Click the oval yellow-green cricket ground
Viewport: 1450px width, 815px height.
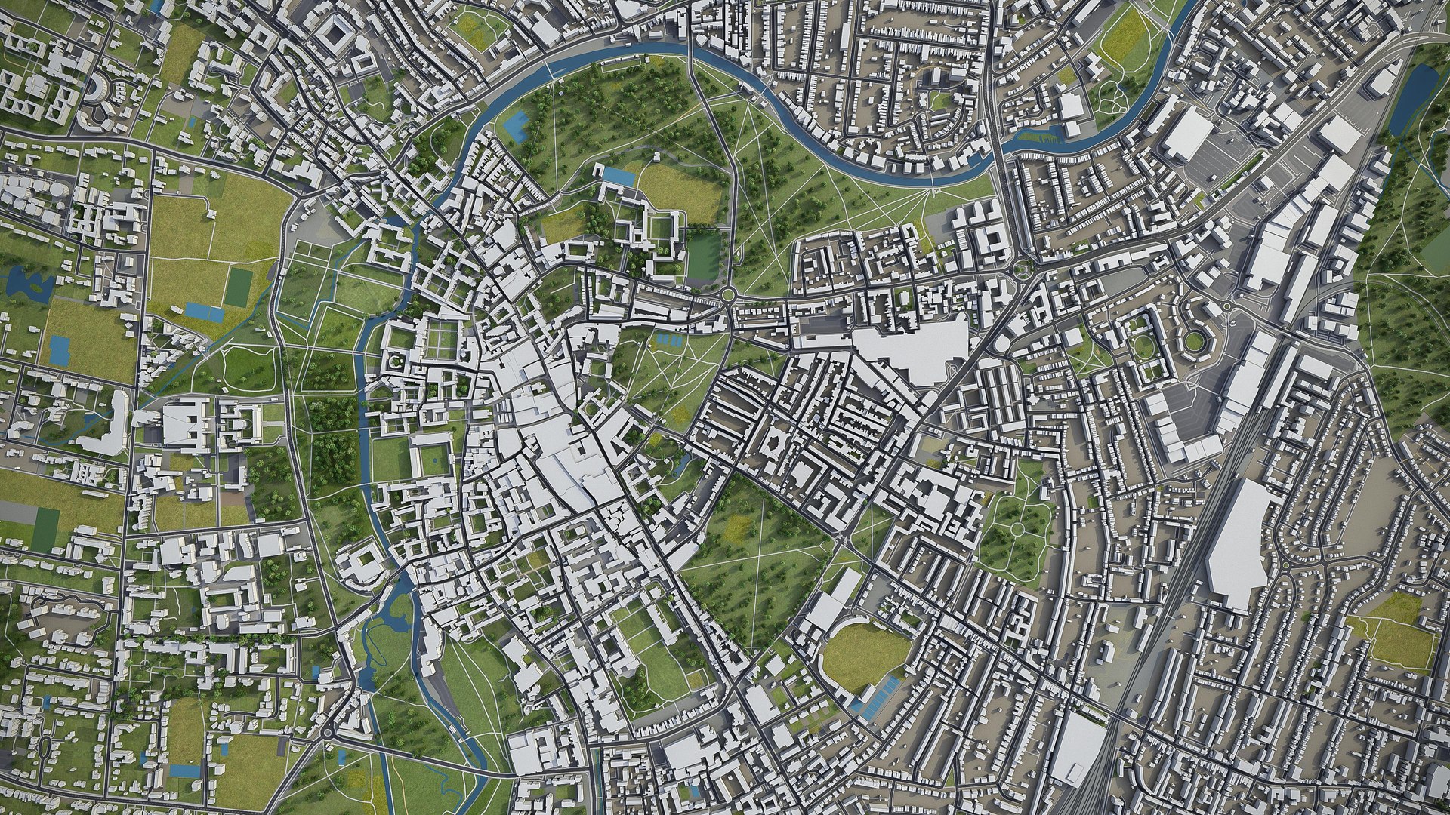[x=864, y=654]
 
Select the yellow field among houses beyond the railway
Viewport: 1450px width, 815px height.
[x=1393, y=627]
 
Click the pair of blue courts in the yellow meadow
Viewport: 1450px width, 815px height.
[x=204, y=310]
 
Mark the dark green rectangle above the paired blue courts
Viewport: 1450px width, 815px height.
[x=239, y=286]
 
